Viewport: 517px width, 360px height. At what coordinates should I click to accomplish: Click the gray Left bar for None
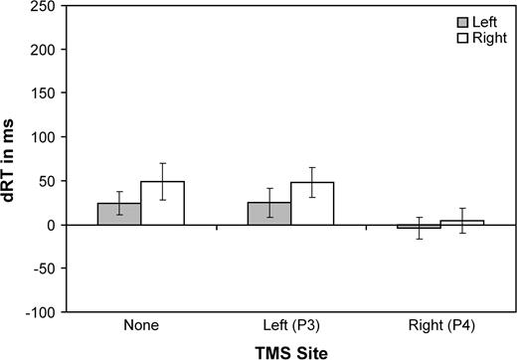click(x=119, y=214)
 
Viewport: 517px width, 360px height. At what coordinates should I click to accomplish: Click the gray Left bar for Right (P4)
click(x=419, y=227)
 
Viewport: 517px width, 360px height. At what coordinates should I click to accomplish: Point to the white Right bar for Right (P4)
click(x=462, y=223)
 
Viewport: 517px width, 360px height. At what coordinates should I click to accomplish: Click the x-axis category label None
click(x=141, y=325)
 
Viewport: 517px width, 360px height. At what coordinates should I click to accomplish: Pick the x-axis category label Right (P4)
click(x=440, y=325)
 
